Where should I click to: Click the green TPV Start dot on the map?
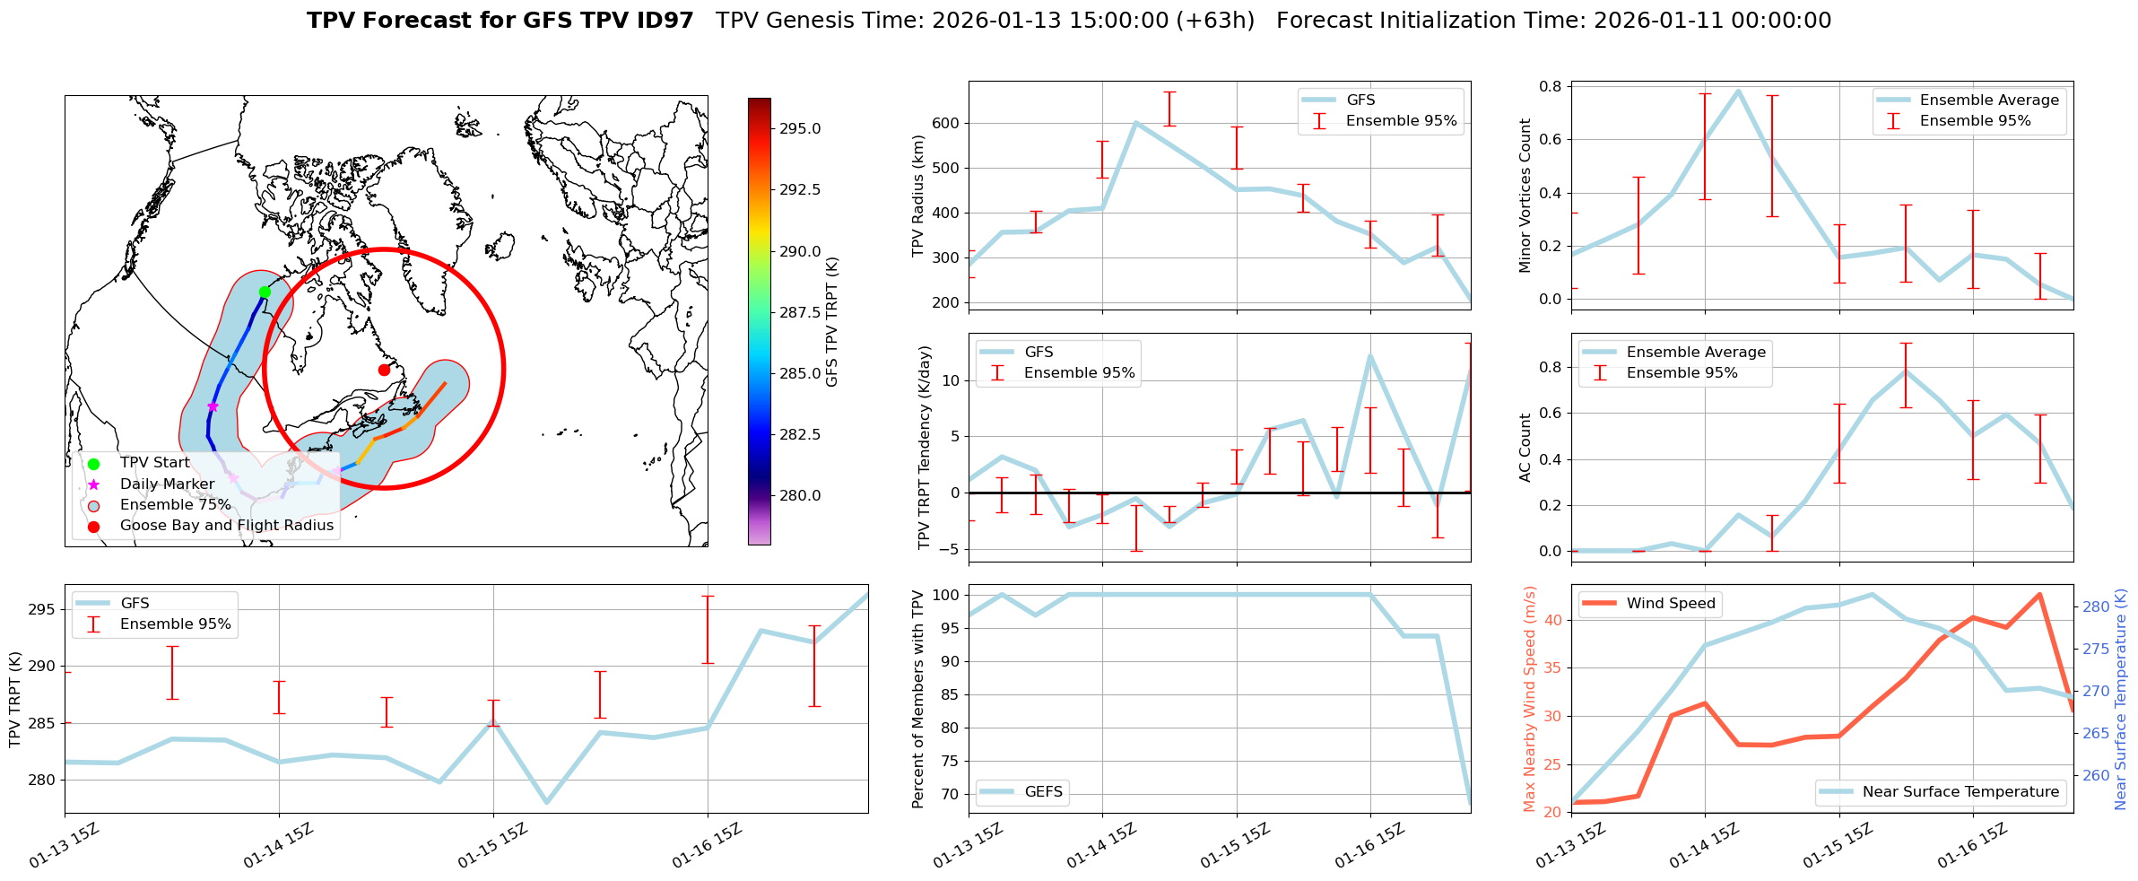[265, 292]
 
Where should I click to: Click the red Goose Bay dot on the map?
[384, 370]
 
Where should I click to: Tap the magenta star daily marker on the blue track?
[213, 406]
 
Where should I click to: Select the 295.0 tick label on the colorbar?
[799, 128]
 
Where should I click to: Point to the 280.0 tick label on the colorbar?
[799, 495]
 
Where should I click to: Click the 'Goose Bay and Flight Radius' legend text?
[226, 526]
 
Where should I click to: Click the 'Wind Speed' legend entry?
[1670, 604]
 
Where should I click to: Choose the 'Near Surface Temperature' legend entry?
[1960, 792]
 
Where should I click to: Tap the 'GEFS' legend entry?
[1043, 792]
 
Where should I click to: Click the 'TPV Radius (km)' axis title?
[918, 196]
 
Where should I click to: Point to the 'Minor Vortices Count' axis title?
[1525, 196]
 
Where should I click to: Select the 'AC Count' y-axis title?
[1525, 448]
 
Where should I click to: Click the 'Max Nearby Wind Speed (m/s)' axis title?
[1530, 699]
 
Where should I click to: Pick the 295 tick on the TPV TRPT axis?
[43, 610]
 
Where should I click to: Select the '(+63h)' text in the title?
[1219, 21]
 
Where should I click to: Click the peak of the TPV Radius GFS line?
[1135, 123]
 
